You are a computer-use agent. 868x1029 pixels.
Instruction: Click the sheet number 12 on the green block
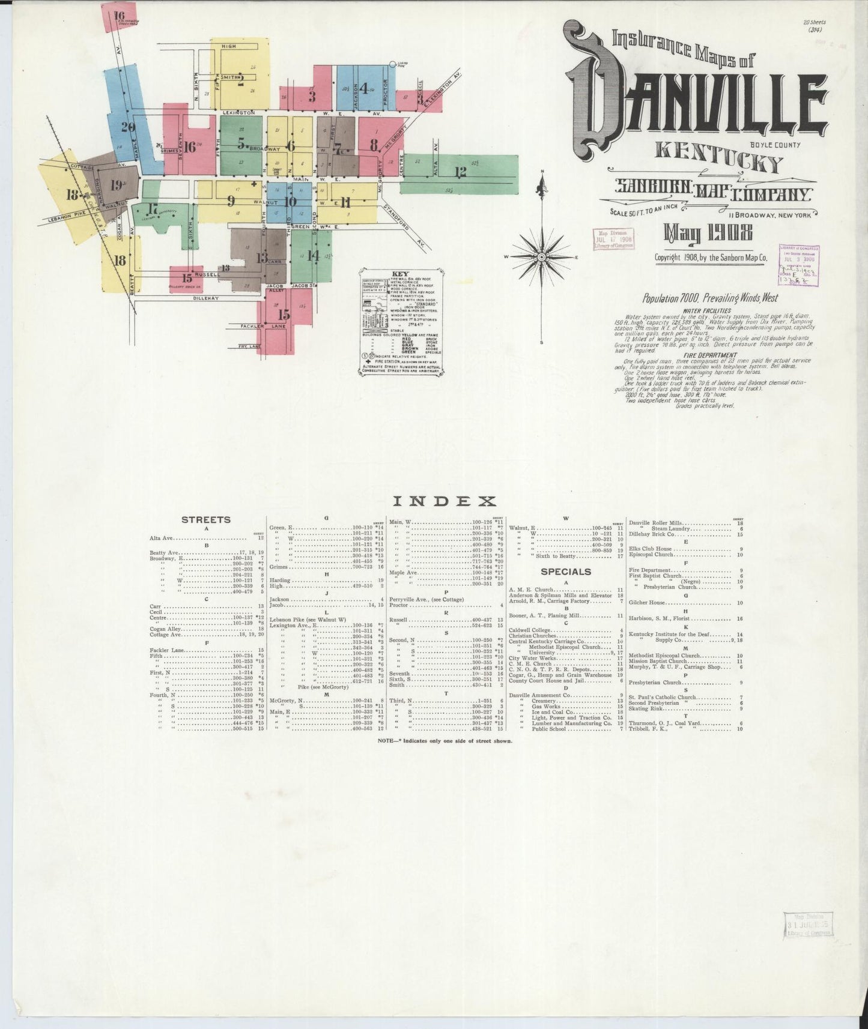coord(461,173)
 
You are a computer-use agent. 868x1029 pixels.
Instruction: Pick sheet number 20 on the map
coord(127,127)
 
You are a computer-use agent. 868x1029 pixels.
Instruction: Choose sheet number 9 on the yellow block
coord(231,201)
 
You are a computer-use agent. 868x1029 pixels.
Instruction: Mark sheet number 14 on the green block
coord(313,255)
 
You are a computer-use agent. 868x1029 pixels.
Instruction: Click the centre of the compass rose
coord(541,257)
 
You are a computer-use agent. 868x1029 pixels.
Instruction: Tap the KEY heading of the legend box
coord(401,273)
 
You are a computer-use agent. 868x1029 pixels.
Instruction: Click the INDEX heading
coord(444,501)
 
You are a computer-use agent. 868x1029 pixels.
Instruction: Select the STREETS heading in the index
coord(206,519)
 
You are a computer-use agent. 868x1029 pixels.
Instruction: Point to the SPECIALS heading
coord(566,572)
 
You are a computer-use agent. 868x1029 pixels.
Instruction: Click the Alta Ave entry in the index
coord(161,538)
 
